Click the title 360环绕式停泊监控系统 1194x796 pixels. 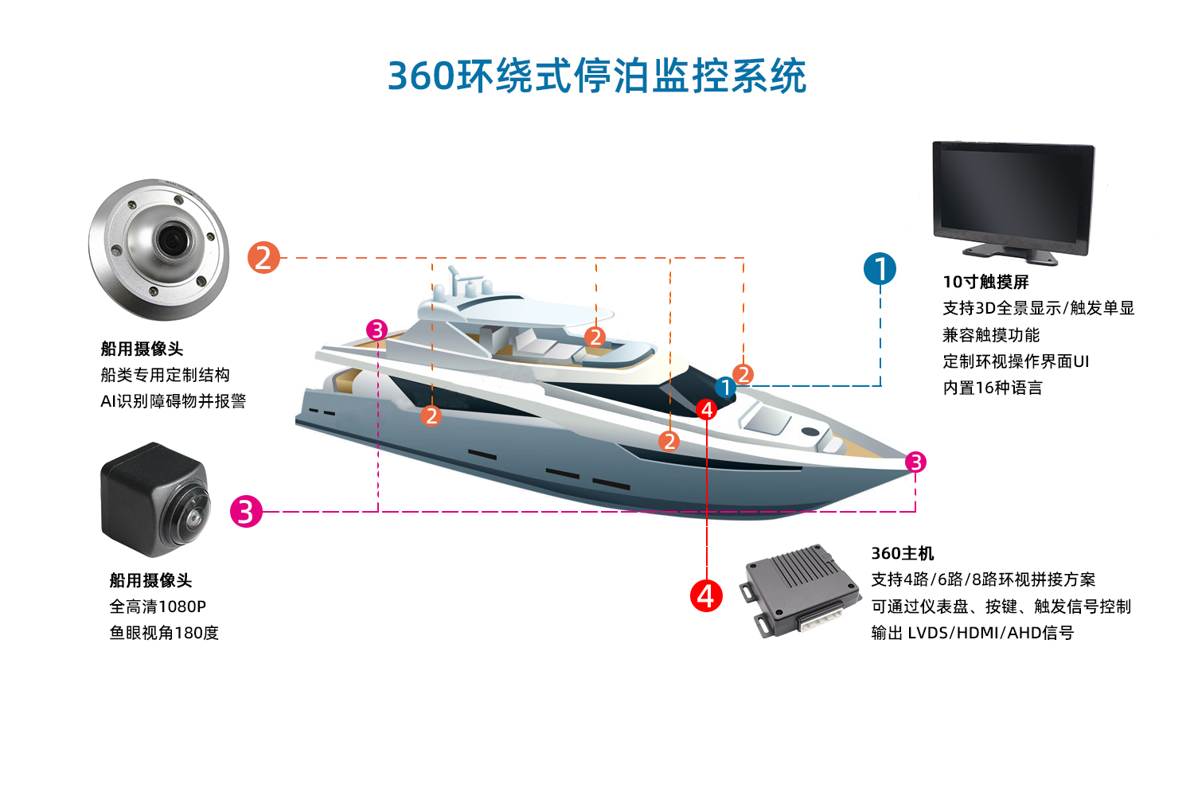tap(597, 76)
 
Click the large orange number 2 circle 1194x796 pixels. tap(263, 257)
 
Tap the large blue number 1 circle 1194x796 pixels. tap(880, 269)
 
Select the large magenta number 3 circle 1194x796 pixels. tap(246, 511)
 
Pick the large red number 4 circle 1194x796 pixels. tap(706, 595)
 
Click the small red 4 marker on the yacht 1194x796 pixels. tap(706, 410)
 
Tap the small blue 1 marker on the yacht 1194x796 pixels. tap(725, 388)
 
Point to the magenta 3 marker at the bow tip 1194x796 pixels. tap(915, 462)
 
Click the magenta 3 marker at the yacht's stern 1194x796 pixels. tap(377, 330)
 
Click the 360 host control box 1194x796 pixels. tap(801, 589)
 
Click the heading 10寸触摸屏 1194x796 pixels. tap(985, 282)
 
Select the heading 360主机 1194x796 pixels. tap(902, 553)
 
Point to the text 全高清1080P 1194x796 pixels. tap(158, 607)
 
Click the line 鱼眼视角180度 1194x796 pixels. tap(164, 633)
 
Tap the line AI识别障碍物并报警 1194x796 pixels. tap(173, 401)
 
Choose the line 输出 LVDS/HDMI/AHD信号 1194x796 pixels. tap(972, 633)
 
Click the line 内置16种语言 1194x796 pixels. tap(992, 388)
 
